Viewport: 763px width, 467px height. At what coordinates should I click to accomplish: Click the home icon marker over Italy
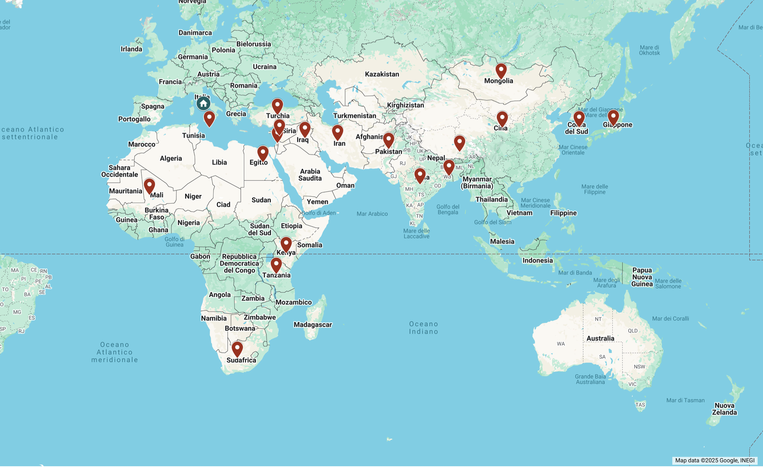coord(203,103)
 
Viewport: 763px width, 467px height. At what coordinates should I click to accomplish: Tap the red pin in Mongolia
coord(501,71)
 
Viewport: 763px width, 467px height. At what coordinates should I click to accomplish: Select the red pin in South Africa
coord(237,349)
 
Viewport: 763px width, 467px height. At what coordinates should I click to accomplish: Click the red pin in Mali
coord(149,186)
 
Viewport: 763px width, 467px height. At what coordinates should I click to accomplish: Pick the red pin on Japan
coord(613,117)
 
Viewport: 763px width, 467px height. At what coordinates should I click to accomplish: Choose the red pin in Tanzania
coord(276,265)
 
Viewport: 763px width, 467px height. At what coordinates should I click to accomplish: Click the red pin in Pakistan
coord(388,140)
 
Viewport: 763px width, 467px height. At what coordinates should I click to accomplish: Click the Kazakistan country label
coord(382,74)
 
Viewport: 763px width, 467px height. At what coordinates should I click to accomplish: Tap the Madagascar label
coord(313,325)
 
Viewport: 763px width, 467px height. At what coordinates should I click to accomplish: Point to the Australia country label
coord(600,338)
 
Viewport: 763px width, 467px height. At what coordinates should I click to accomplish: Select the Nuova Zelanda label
coord(724,409)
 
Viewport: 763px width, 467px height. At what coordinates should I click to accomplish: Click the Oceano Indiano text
coord(424,328)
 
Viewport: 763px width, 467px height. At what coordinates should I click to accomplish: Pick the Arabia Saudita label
coord(310,175)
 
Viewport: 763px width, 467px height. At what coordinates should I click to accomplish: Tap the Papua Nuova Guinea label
coord(642,277)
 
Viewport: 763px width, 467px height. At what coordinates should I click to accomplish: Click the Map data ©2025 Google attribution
coord(714,461)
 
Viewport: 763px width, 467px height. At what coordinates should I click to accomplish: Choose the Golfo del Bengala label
coord(448,210)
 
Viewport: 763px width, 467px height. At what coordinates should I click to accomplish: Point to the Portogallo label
coord(134,119)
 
